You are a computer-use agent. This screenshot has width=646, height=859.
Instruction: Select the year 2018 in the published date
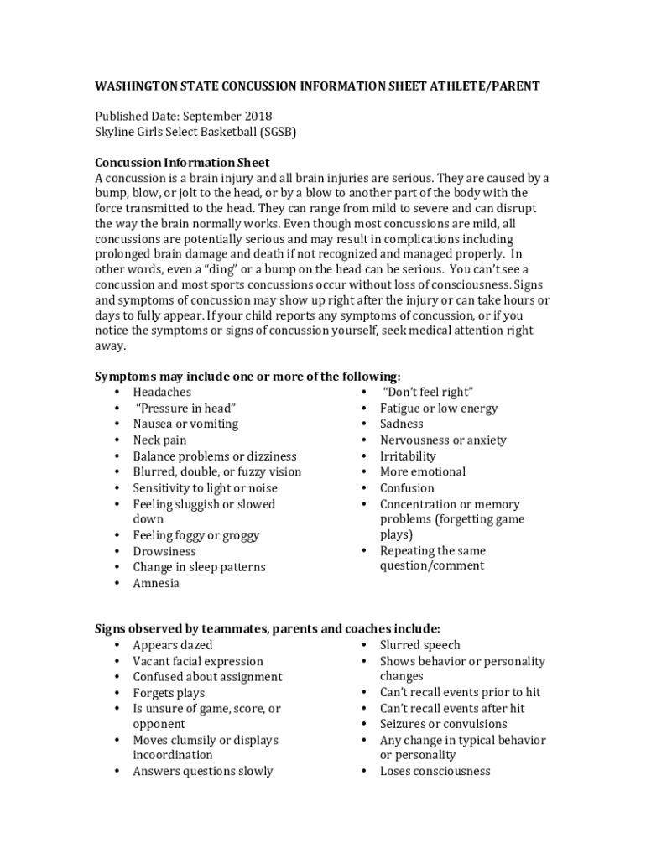click(258, 117)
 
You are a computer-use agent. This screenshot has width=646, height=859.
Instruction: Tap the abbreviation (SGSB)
click(279, 133)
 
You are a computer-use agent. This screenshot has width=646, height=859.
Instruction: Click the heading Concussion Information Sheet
click(182, 163)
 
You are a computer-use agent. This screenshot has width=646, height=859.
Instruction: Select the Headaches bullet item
click(162, 393)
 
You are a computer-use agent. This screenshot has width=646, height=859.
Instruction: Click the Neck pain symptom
click(159, 440)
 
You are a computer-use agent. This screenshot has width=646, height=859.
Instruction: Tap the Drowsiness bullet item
click(164, 552)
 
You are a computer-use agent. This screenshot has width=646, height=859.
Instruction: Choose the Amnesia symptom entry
click(156, 584)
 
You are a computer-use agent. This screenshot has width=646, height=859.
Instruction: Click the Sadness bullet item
click(402, 424)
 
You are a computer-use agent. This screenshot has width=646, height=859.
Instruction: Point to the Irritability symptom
click(408, 456)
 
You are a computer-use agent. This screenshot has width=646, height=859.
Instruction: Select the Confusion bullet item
click(407, 488)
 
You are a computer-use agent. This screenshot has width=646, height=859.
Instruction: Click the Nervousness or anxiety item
click(443, 440)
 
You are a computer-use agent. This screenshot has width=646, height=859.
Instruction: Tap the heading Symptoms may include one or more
click(247, 377)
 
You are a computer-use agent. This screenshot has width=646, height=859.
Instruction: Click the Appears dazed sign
click(173, 646)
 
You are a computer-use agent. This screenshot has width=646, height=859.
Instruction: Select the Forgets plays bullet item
click(169, 694)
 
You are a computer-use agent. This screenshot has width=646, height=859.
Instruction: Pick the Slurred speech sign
click(419, 646)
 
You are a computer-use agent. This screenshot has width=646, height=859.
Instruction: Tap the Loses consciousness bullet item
click(435, 772)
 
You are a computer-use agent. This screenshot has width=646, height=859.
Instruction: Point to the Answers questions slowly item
click(203, 772)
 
